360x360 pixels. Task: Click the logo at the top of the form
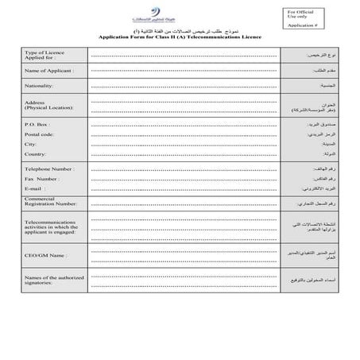click(180, 14)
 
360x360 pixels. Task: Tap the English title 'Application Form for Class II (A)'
click(180, 37)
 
